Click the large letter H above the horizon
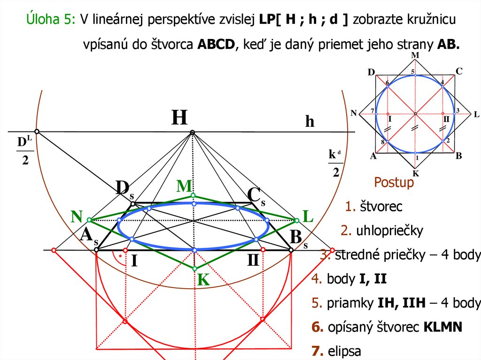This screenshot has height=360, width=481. (179, 117)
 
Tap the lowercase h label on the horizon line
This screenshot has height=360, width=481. (310, 122)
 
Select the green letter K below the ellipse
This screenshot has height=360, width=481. (203, 280)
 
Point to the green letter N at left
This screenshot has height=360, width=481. (77, 216)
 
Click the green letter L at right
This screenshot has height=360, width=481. (308, 216)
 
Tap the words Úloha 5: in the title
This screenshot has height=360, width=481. (50, 19)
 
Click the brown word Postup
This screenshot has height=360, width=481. (394, 183)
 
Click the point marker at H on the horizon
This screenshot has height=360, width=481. (192, 133)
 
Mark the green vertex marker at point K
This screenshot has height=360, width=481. (194, 268)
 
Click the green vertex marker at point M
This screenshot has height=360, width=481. (193, 195)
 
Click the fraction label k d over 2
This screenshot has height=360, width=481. (335, 163)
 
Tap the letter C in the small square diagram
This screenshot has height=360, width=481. (459, 71)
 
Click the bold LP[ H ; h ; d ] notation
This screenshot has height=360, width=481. (303, 19)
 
